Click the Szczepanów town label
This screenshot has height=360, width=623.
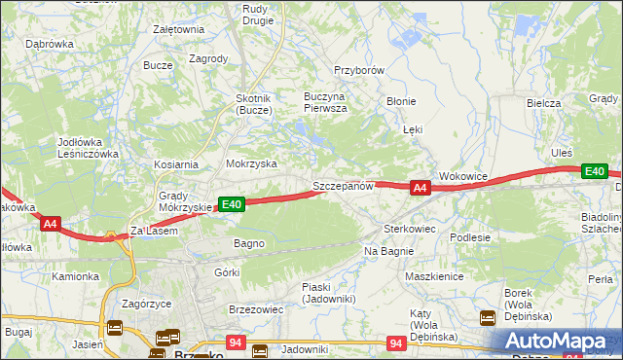pos(343,186)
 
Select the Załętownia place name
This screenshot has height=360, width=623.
pos(178,29)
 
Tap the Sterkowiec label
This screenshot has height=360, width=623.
pos(409,228)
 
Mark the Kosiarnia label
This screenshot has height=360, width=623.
pos(175,165)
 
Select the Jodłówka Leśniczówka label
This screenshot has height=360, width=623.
pos(88,148)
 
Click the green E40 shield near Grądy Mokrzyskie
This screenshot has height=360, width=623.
pos(231,204)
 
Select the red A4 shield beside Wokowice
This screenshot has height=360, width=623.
pos(420,188)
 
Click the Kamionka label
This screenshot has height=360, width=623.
pos(76,276)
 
